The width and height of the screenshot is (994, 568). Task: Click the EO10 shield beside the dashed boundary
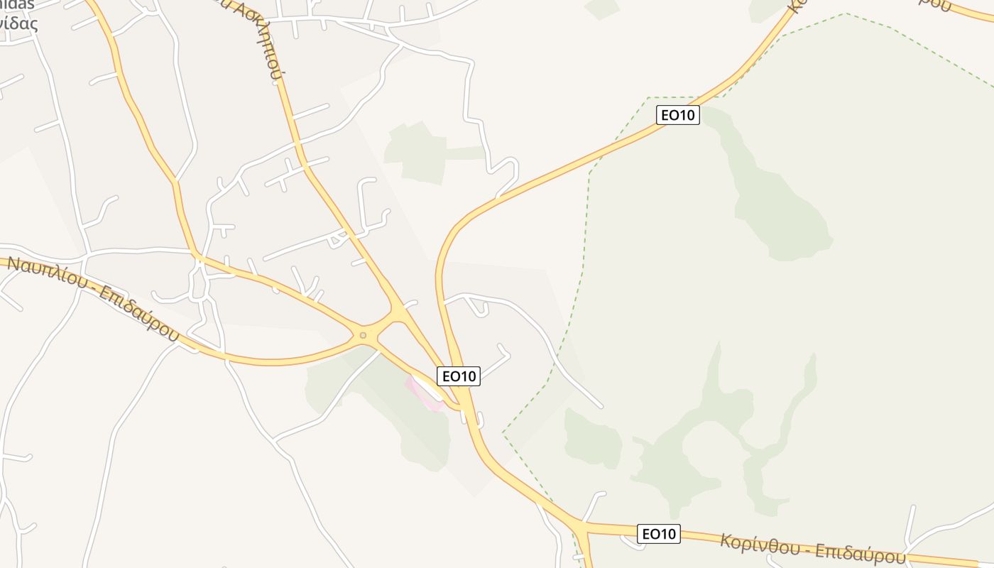pyautogui.click(x=678, y=115)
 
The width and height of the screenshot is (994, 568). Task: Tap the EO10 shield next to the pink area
pyautogui.click(x=459, y=376)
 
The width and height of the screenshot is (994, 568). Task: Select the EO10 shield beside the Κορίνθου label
pyautogui.click(x=659, y=533)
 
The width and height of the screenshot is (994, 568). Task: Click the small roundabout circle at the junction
pyautogui.click(x=363, y=334)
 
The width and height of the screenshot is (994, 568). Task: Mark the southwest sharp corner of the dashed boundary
pyautogui.click(x=503, y=432)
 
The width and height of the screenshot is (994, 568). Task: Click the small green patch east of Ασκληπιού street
pyautogui.click(x=415, y=153)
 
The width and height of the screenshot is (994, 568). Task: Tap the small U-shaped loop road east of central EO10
pyautogui.click(x=478, y=307)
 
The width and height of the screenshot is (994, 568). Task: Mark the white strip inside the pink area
pyautogui.click(x=428, y=387)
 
